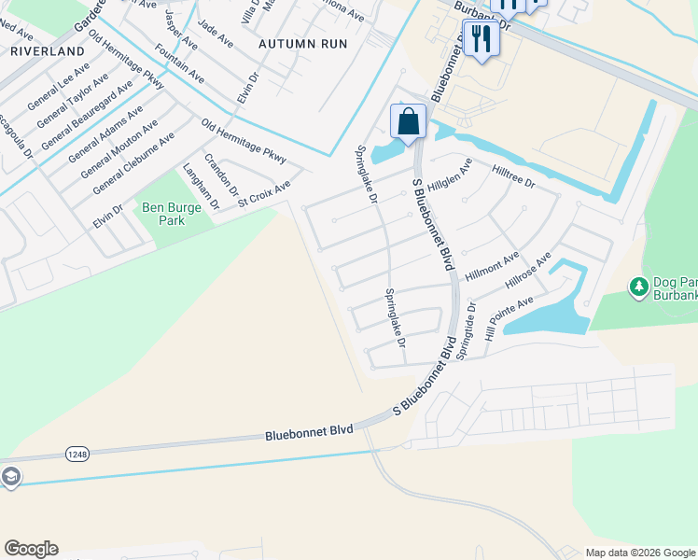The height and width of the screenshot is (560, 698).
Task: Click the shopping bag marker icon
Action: point(408,120)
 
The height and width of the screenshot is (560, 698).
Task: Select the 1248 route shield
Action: point(78,454)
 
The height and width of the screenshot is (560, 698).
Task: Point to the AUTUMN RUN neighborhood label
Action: point(302,44)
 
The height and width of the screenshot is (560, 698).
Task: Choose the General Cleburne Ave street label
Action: point(133,163)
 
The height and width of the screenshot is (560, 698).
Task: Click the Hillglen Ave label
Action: point(451,174)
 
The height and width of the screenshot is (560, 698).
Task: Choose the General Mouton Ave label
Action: point(118,149)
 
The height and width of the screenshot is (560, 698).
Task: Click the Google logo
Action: point(31,549)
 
